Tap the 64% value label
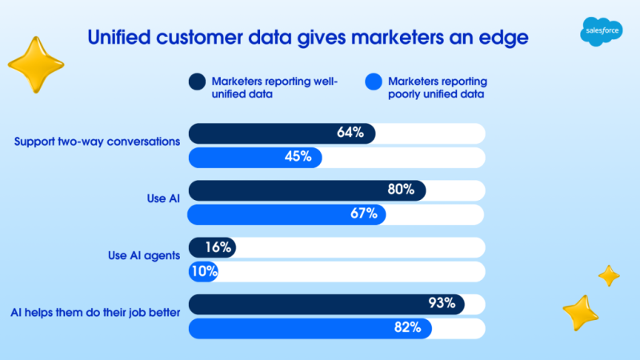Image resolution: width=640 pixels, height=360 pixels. click(x=350, y=133)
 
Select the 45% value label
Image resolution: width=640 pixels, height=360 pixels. click(x=298, y=157)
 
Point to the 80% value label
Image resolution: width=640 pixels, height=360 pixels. click(x=401, y=190)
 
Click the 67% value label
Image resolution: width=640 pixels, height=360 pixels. click(x=362, y=214)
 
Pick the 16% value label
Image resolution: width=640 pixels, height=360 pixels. click(x=218, y=248)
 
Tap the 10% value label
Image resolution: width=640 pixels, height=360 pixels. click(x=204, y=271)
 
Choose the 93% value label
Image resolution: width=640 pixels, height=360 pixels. click(x=441, y=304)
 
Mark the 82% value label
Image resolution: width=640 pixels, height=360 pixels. click(x=408, y=328)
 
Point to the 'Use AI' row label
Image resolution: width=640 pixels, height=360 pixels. click(x=164, y=198)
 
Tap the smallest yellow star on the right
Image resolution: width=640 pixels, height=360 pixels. click(x=609, y=275)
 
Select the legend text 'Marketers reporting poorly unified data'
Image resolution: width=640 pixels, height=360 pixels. click(x=437, y=86)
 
